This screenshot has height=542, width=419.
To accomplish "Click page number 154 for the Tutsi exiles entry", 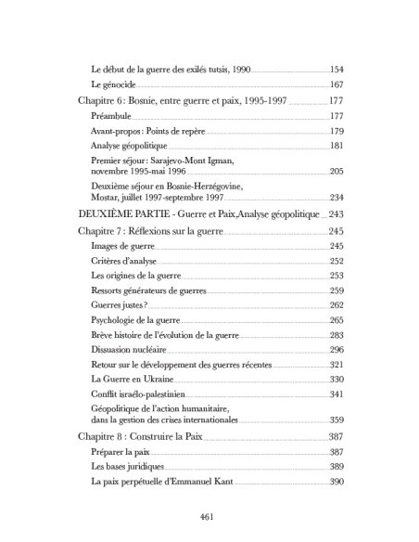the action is (336, 70).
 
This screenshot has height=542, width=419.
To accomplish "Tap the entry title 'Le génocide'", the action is (113, 85).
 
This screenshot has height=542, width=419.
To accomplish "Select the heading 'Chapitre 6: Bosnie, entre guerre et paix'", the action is (175, 101).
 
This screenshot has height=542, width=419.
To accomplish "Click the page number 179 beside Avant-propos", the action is (336, 131).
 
